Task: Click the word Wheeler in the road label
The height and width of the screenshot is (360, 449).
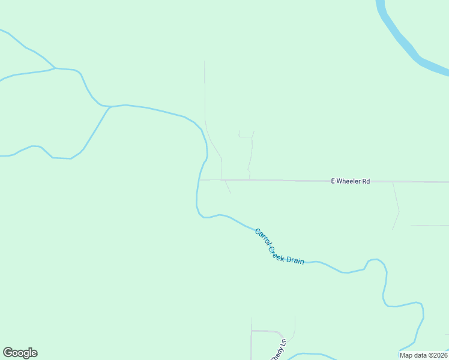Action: pos(350,181)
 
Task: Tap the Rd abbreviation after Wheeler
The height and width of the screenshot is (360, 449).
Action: pos(366,181)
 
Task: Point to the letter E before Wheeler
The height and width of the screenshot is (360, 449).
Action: pos(333,181)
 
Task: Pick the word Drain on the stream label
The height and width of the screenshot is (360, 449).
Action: pos(295,261)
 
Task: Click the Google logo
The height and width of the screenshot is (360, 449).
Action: pos(20,353)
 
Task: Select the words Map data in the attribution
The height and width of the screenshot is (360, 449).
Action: pos(414,355)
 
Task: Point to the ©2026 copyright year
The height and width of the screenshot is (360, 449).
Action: pos(437,355)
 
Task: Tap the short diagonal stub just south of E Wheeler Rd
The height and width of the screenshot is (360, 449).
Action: pos(228,187)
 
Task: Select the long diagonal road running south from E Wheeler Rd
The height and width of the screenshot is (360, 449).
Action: pos(396,204)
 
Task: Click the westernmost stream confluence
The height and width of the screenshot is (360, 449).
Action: pos(56,68)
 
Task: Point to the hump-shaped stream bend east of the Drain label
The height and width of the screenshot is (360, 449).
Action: pos(376,261)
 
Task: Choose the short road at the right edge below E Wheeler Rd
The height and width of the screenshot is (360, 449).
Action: pos(429,226)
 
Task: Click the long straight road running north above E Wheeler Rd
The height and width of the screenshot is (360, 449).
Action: pos(205,90)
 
